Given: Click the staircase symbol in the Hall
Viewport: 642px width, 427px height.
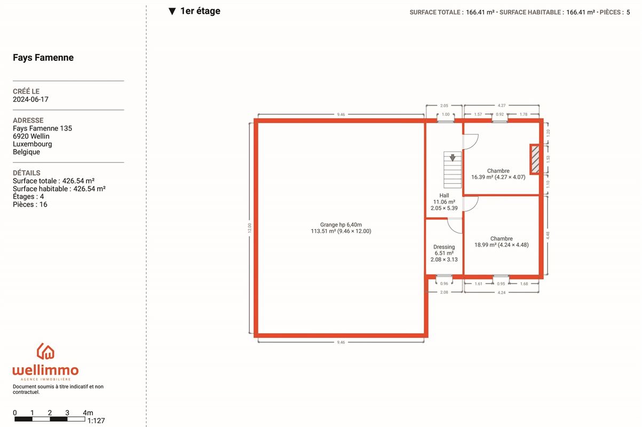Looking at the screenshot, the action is coord(453,170).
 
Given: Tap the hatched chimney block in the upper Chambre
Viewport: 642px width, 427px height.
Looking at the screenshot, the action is coord(535,160).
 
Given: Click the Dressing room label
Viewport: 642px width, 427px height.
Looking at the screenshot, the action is coord(444,247).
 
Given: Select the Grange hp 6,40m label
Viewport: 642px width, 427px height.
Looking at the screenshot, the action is coord(341,225).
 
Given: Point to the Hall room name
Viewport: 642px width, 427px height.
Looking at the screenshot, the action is coord(444,195).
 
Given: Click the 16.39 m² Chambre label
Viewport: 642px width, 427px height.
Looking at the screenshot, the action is coord(498,174).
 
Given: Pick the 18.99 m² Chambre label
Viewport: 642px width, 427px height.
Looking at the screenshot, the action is coord(501,242).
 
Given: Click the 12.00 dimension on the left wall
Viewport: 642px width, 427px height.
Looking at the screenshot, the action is coord(249,228).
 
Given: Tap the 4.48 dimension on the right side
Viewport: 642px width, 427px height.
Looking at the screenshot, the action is coord(548,235).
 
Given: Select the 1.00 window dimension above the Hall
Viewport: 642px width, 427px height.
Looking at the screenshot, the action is coord(446,114).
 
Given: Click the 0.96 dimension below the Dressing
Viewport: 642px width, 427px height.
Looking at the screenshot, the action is coord(444,283).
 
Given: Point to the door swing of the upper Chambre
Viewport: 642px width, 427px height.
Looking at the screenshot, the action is coord(471,142).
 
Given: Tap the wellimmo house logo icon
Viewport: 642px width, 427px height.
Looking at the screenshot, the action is coord(45,351).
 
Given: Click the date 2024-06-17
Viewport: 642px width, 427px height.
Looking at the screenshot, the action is coord(30,99).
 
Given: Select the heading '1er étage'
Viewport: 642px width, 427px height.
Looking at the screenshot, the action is coord(200,11).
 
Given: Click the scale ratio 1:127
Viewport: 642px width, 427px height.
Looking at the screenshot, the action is coord(96,421).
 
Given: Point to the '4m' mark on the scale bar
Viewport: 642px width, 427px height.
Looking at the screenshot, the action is coord(88,413).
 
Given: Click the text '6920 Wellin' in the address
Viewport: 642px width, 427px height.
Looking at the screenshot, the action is coord(31,136).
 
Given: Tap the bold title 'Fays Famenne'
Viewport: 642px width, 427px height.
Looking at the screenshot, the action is coord(43,58).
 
